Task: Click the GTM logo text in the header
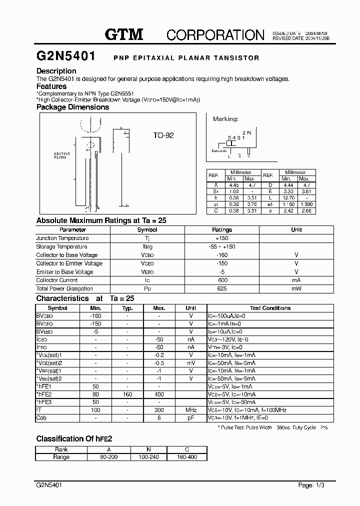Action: click(x=124, y=34)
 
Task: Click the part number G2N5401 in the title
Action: click(x=66, y=57)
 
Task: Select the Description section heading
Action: click(x=56, y=71)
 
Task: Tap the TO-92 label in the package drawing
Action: click(x=163, y=135)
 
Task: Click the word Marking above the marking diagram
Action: click(x=225, y=119)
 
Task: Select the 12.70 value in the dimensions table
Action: click(x=286, y=197)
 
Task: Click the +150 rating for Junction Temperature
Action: click(x=222, y=238)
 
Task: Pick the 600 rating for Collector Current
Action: click(x=222, y=280)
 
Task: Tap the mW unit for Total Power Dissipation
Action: click(x=296, y=289)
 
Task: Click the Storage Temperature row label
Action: click(x=61, y=247)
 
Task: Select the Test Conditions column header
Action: click(x=270, y=308)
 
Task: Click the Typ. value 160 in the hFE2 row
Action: click(x=127, y=394)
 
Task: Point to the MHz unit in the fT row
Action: click(x=190, y=410)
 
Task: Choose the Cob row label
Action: click(x=41, y=418)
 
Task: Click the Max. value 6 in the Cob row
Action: click(x=159, y=418)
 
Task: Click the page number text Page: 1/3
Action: click(x=311, y=485)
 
